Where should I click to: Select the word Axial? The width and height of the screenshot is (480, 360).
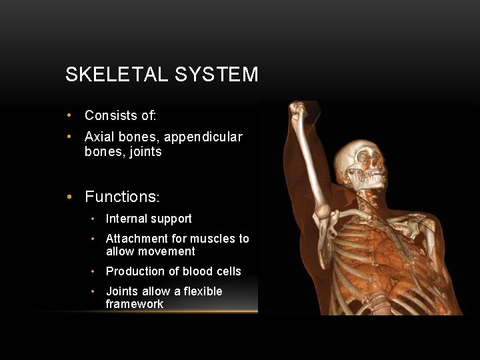pyautogui.click(x=99, y=137)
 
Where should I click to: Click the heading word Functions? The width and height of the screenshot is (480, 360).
pyautogui.click(x=120, y=197)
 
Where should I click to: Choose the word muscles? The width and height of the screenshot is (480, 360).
pyautogui.click(x=213, y=239)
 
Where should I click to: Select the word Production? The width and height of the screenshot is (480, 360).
pyautogui.click(x=136, y=271)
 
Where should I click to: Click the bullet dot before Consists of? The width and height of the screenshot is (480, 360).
pyautogui.click(x=69, y=115)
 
